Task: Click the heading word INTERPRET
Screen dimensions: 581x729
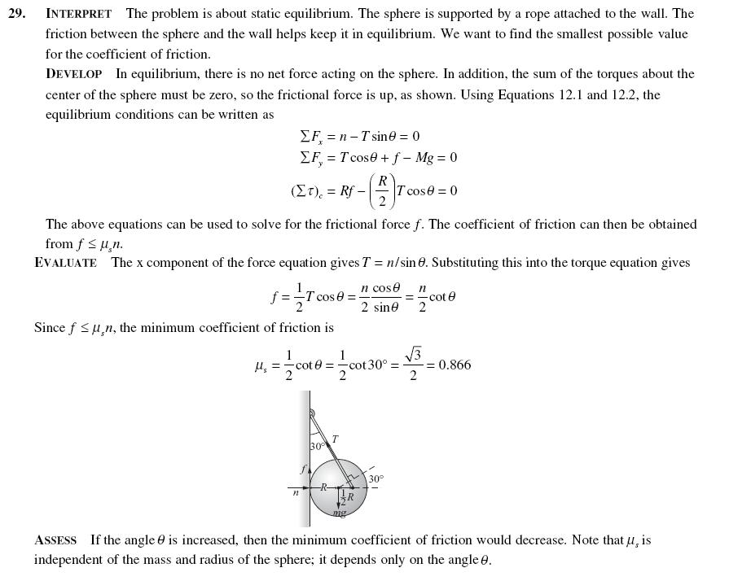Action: pos(78,14)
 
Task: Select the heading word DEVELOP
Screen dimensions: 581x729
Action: pos(73,74)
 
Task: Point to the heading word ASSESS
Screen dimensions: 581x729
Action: pos(55,540)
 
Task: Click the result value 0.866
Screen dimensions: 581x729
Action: pos(455,365)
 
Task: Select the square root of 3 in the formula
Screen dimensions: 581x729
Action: pos(413,355)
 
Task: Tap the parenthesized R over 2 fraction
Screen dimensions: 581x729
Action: pos(382,190)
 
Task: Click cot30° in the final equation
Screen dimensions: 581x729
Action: pos(369,365)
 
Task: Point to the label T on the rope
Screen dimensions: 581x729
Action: pos(335,439)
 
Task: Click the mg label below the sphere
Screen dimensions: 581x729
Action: pos(340,513)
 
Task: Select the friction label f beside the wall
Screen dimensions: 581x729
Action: pos(302,470)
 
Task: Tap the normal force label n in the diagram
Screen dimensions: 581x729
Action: pos(296,492)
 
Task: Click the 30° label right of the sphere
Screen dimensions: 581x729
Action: pos(375,479)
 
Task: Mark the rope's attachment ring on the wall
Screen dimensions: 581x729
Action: pos(311,413)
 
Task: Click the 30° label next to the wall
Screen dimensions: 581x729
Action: pos(317,447)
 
